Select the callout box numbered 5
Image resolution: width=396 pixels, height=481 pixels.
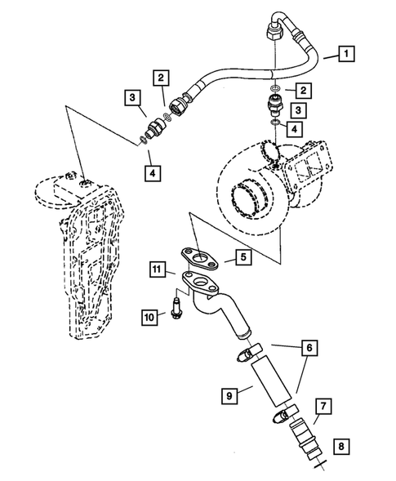pos(242,257)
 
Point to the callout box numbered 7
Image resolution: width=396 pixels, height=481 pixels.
pos(323,405)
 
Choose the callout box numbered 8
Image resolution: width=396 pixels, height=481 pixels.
pos(341,446)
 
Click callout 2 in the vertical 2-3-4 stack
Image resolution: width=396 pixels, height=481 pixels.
pos(304,90)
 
